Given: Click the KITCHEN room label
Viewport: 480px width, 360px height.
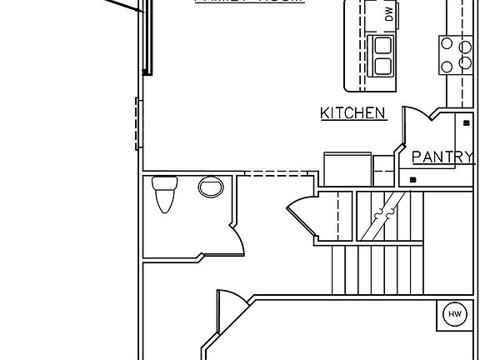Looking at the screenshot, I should click(x=353, y=113).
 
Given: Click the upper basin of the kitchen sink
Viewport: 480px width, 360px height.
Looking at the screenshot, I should click(x=383, y=46).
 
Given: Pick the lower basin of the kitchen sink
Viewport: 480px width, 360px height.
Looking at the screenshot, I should click(x=383, y=66).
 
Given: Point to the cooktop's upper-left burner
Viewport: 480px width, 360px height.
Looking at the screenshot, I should click(x=447, y=43).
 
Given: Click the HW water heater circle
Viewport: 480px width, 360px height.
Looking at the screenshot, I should click(x=454, y=313).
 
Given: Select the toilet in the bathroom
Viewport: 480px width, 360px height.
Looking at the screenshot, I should click(x=164, y=195).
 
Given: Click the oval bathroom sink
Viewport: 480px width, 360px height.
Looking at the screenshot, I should click(x=211, y=187).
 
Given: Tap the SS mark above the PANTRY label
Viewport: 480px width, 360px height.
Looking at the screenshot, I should click(x=467, y=122).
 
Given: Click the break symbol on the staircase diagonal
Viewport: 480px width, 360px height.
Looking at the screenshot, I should click(x=382, y=215).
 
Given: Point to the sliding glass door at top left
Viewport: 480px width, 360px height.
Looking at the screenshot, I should click(x=147, y=37).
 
